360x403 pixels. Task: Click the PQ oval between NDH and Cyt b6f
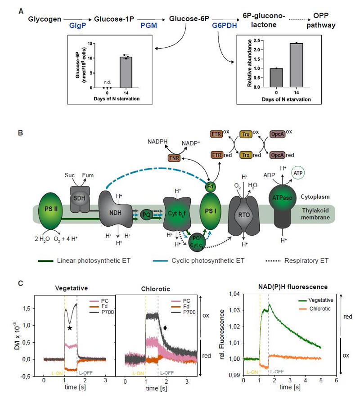[x=147, y=215]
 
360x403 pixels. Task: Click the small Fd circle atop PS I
[x=209, y=185]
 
